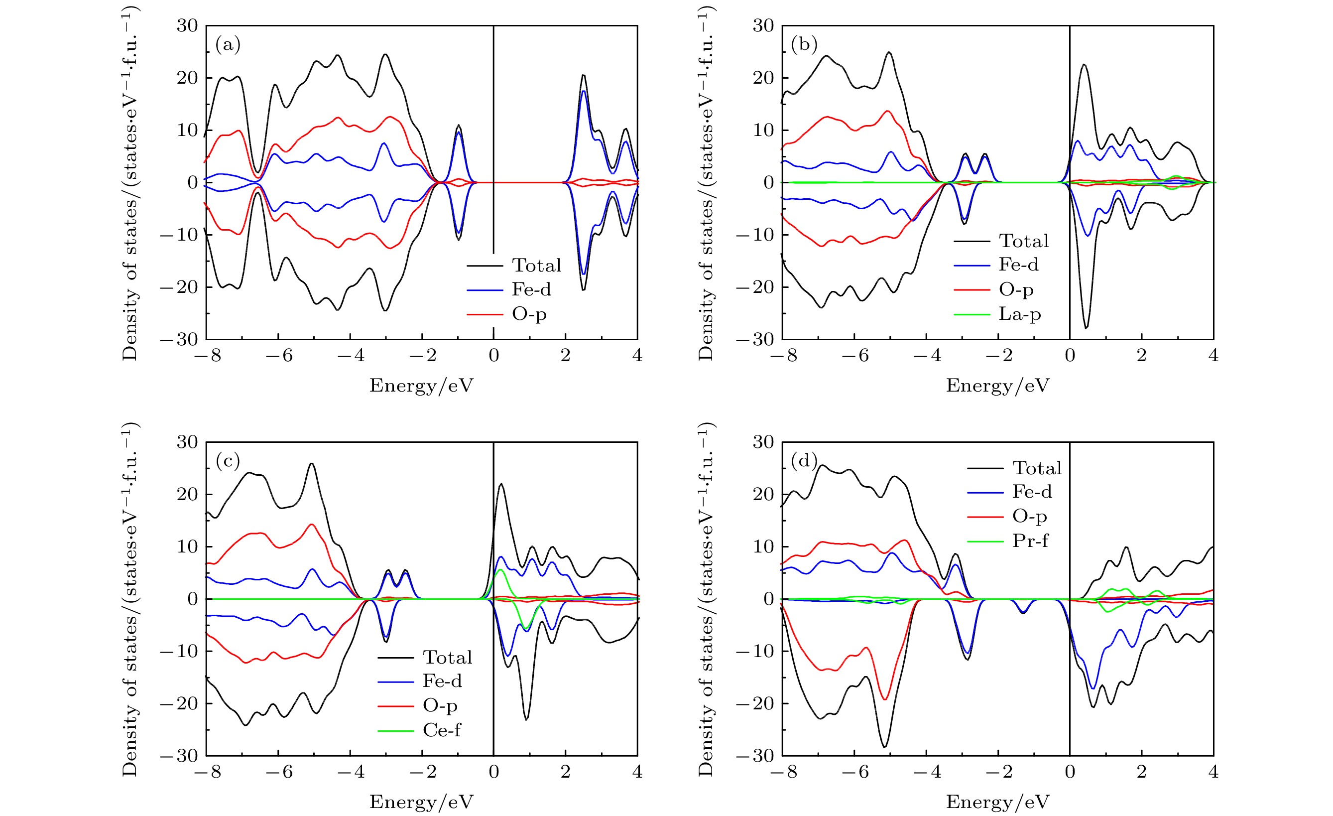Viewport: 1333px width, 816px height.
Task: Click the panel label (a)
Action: (228, 44)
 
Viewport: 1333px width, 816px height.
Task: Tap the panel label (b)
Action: (804, 44)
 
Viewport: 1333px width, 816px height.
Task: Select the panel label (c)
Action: (228, 461)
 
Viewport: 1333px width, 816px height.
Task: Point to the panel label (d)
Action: (804, 461)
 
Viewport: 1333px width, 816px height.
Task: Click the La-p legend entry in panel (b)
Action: (1019, 314)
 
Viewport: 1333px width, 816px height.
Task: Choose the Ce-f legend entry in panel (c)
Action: (442, 730)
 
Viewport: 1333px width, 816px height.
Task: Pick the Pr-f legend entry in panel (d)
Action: (1030, 541)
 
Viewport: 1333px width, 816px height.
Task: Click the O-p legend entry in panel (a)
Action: (529, 314)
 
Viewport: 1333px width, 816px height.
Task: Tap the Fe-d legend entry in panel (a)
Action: (531, 289)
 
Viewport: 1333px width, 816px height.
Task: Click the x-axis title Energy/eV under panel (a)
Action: (421, 386)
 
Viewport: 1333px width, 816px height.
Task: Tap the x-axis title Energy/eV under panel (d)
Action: (997, 802)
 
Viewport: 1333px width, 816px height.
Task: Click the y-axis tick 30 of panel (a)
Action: (187, 25)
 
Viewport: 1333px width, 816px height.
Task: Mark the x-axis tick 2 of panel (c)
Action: (565, 772)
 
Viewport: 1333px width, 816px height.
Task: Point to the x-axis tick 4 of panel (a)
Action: (637, 356)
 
